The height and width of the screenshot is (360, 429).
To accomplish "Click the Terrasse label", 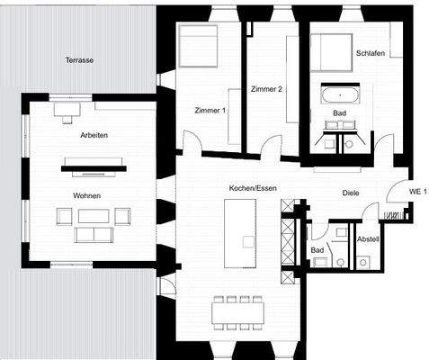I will click(79, 60).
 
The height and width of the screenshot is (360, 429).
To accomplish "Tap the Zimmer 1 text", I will click(210, 110).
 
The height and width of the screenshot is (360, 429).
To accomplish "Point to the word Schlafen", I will click(370, 53).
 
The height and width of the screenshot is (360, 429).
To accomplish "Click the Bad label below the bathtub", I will click(339, 113).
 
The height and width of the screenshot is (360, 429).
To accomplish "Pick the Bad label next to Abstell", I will click(317, 250).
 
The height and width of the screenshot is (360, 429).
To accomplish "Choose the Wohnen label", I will click(86, 195).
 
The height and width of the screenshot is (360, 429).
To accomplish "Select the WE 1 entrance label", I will click(417, 193).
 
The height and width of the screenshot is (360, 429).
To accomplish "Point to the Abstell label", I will click(368, 239).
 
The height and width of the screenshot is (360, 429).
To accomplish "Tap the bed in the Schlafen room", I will click(331, 53).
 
